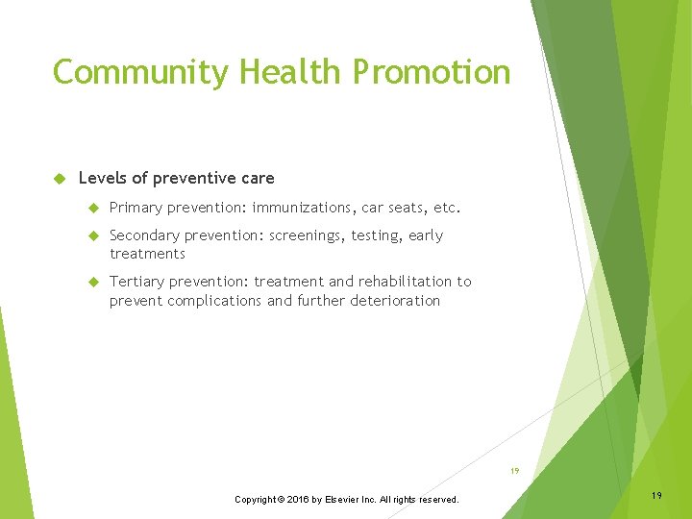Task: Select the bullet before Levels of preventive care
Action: (59, 179)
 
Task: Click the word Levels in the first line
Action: (101, 178)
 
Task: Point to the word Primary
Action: (136, 208)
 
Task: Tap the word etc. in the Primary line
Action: (446, 208)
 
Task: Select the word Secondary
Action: (144, 235)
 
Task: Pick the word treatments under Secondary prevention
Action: (147, 254)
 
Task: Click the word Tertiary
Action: (137, 282)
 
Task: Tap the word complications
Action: (216, 301)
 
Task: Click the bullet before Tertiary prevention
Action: (93, 283)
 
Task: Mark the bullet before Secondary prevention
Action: (93, 236)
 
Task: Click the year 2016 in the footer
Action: (299, 500)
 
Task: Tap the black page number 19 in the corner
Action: (656, 494)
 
